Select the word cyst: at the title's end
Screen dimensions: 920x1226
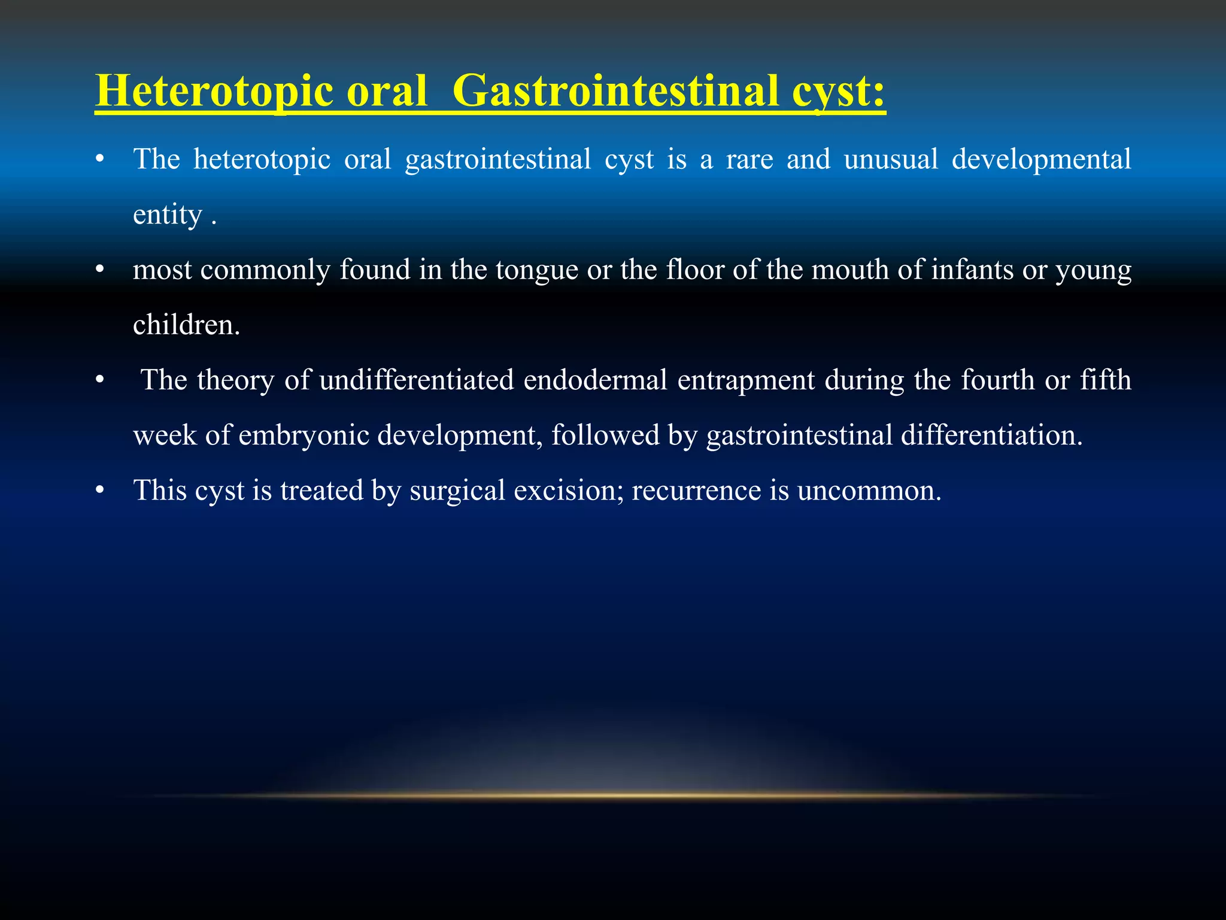point(838,91)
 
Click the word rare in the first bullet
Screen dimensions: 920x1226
point(749,159)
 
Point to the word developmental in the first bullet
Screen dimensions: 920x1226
point(1041,159)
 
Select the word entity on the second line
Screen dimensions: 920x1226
point(168,214)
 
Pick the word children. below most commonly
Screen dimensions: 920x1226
point(186,325)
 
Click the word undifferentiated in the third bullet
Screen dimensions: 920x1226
point(417,380)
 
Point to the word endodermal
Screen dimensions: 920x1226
point(595,380)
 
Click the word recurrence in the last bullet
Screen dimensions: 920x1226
point(696,491)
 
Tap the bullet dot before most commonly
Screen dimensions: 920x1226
point(100,270)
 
